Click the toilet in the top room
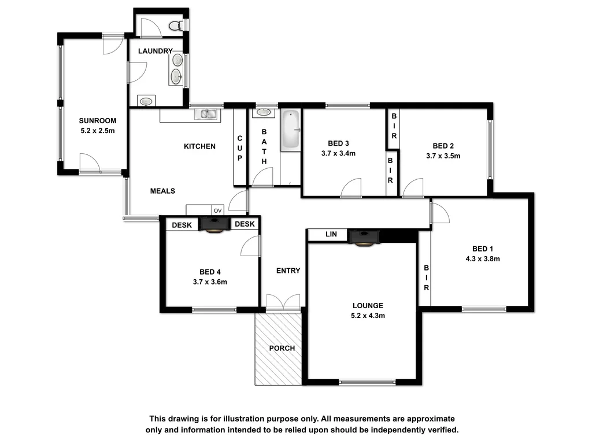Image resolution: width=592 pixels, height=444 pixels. point(177,25)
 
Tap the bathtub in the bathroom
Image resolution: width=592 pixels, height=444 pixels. point(290,131)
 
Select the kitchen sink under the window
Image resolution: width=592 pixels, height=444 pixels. point(206,115)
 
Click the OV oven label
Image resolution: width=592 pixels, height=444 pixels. point(218,211)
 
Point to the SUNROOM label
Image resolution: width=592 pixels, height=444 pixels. point(98,121)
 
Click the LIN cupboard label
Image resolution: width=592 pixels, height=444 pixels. point(331,235)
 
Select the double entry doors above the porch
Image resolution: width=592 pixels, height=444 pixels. point(283,301)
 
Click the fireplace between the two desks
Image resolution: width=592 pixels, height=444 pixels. point(214,224)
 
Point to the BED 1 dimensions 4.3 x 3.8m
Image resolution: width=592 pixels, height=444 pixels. point(482,259)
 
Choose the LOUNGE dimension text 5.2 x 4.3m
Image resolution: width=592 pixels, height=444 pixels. point(368,316)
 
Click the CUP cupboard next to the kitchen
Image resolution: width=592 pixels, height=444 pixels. point(240,149)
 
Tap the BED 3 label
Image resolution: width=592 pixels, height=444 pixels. point(338,143)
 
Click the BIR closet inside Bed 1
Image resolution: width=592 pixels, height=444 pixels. point(426,278)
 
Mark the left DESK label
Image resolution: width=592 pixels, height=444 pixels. point(182,224)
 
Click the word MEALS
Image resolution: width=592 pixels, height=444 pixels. point(162,191)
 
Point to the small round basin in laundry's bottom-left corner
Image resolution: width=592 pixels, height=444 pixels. point(146,101)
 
